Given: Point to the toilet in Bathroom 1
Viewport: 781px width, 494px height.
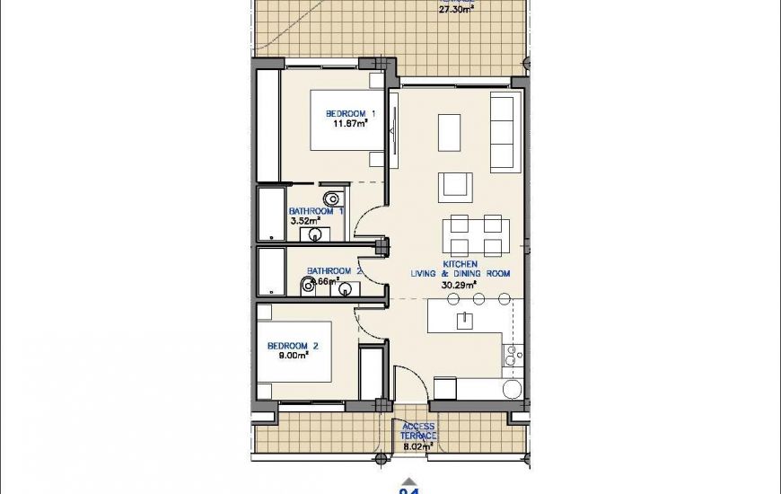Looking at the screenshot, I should point(332,198).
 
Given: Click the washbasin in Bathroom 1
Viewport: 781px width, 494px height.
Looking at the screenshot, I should point(315,234).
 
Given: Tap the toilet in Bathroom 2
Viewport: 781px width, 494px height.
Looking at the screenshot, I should point(307,285).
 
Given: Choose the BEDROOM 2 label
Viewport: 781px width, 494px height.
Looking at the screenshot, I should point(293,346).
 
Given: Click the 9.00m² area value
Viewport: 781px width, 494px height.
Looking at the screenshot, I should point(293,356).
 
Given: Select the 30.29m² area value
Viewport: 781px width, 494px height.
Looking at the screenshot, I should point(459,285).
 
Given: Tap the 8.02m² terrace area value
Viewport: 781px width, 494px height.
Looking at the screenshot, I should point(418,445).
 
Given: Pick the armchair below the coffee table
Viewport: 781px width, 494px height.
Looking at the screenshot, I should point(452,186).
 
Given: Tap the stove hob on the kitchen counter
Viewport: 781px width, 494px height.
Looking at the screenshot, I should point(511,357).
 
